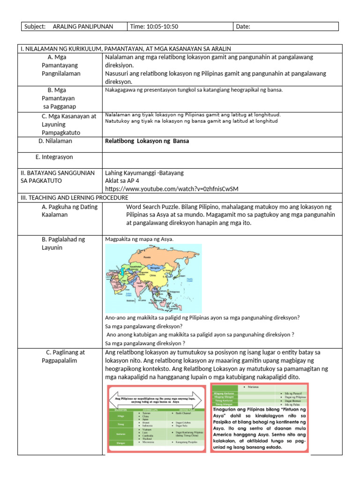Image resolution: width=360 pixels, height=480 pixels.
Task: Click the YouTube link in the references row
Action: pos(172,188)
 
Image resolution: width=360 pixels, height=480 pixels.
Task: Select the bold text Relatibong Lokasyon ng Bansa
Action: pos(147,141)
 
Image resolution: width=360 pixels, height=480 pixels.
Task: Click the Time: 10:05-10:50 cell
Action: pos(154,27)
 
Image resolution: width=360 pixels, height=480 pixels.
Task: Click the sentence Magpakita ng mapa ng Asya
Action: pos(139,239)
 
